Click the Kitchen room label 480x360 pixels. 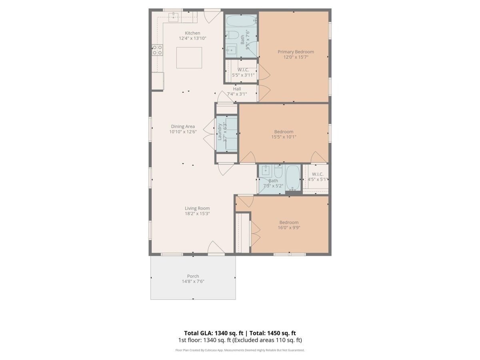click(x=192, y=33)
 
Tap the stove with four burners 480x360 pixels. click(x=158, y=50)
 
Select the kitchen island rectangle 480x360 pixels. click(x=189, y=58)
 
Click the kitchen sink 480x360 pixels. click(x=173, y=17)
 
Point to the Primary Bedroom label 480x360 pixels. click(x=296, y=52)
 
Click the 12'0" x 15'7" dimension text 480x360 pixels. click(x=296, y=57)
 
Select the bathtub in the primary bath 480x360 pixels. click(x=241, y=21)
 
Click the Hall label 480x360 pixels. click(x=237, y=89)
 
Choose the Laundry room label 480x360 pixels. click(x=220, y=132)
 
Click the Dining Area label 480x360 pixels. click(x=183, y=126)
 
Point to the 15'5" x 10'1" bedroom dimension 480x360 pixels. click(x=284, y=137)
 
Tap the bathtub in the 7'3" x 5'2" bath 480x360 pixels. click(x=293, y=177)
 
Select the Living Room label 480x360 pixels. click(x=197, y=208)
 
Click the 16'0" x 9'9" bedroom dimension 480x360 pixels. click(x=289, y=228)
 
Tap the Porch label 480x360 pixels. click(x=193, y=276)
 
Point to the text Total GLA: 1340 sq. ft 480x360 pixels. click(x=214, y=333)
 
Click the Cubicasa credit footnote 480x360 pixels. click(x=240, y=350)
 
